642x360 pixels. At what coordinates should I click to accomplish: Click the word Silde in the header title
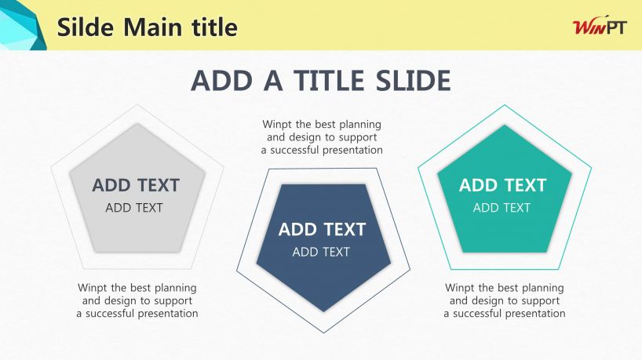(86, 27)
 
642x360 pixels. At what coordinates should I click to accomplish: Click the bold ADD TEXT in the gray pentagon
(136, 185)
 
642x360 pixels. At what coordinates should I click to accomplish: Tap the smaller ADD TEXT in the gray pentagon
(134, 208)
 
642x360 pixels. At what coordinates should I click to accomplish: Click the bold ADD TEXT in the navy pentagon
(323, 230)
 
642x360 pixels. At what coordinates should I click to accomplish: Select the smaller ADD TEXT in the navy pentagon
(321, 252)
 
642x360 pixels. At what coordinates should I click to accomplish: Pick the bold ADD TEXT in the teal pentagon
(503, 185)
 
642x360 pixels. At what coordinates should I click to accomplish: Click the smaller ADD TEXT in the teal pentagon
(502, 208)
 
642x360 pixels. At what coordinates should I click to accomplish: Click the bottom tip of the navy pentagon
(324, 311)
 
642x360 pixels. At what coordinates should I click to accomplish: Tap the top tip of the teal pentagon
(505, 125)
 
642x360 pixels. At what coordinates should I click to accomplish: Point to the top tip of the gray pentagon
(137, 124)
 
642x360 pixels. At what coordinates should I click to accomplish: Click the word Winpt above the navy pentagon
(277, 125)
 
